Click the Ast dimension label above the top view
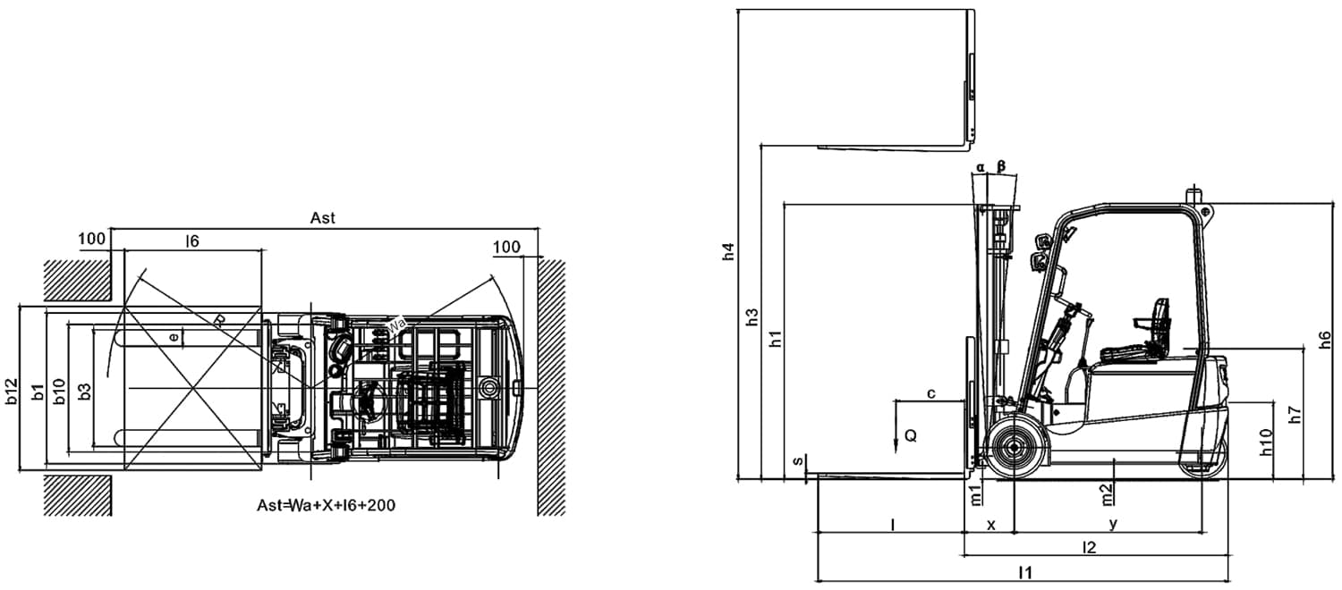(322, 217)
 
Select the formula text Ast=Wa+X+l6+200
(326, 505)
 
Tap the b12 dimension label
(12, 391)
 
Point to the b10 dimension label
(59, 391)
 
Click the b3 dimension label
(84, 391)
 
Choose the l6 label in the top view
(191, 240)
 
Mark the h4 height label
(729, 252)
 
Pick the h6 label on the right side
(1325, 340)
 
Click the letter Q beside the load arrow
(910, 436)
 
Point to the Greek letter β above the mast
(1001, 166)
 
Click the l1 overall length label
(1026, 572)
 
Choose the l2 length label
(1089, 547)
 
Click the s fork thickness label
(797, 461)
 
